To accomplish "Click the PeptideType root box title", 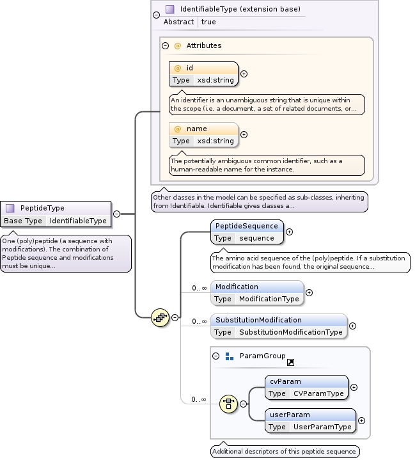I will (42, 208).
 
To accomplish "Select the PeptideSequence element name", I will (247, 226).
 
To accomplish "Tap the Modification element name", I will (237, 287).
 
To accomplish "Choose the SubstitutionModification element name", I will (258, 320).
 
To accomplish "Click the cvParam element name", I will (285, 381).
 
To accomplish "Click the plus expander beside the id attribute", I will (244, 74).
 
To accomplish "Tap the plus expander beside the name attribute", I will (244, 134).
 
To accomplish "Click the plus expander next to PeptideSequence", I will (289, 232).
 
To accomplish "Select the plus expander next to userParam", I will (361, 420).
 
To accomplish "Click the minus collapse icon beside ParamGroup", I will (216, 356).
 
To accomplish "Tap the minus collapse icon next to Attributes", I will (165, 46).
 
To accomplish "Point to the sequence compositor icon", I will (160, 317).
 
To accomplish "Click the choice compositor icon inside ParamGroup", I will (229, 404).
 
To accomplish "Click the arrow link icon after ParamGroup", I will (290, 363).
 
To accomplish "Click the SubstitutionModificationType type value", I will (291, 332).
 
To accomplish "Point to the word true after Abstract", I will (208, 22).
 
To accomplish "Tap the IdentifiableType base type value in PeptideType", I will (78, 221).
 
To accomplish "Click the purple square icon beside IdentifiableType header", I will (169, 10).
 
